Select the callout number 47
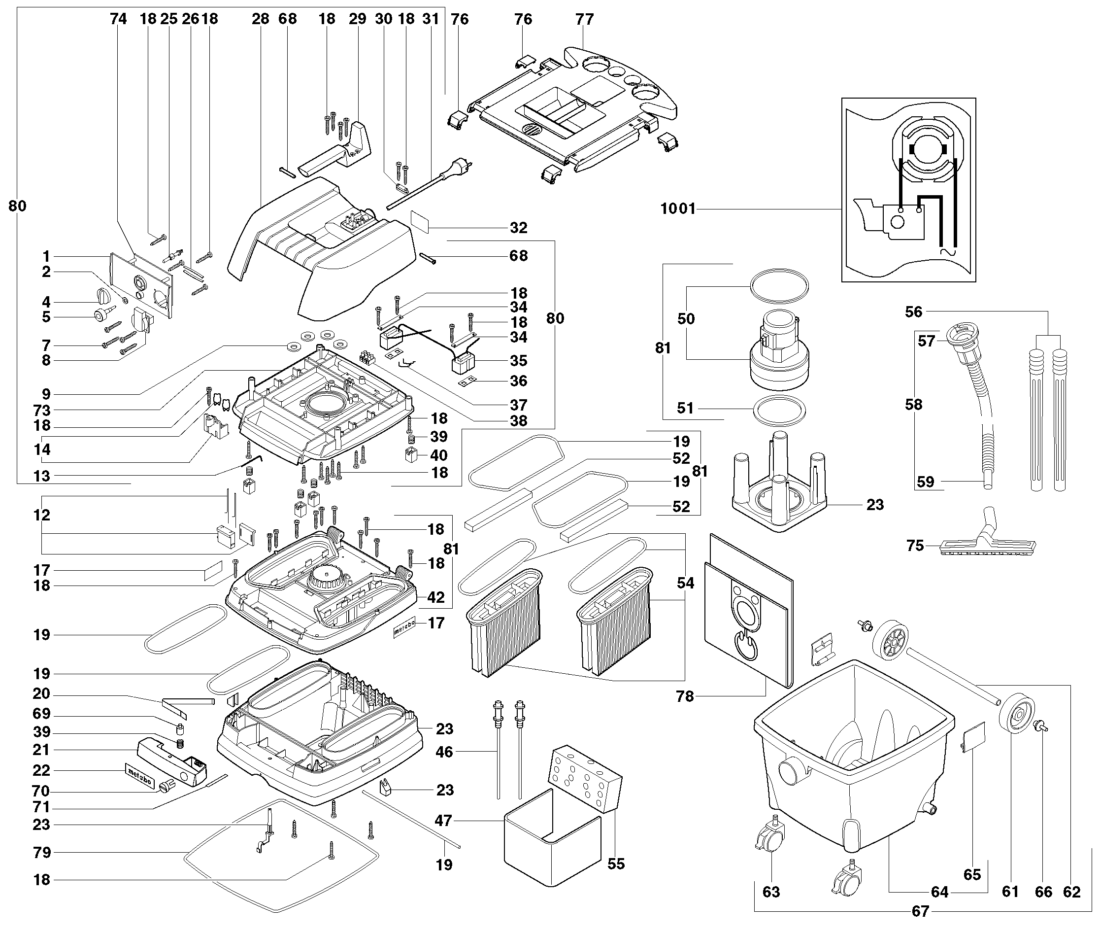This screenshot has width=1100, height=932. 443,821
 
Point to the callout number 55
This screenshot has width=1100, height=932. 616,864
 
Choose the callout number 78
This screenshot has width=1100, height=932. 685,696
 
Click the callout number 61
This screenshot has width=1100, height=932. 1010,892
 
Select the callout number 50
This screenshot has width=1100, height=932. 686,318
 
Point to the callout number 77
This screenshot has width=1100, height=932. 584,20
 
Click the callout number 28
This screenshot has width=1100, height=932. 261,19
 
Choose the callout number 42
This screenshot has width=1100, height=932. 435,597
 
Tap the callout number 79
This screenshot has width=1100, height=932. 42,852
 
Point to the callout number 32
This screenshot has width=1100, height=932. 518,228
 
